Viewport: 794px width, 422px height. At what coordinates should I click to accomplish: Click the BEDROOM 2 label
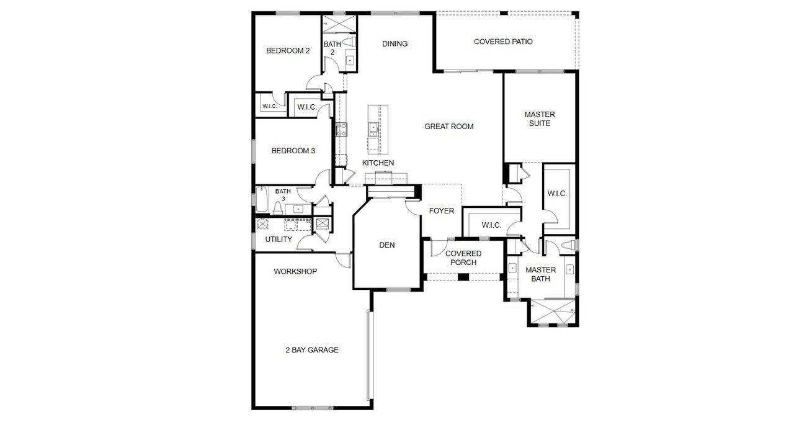288,51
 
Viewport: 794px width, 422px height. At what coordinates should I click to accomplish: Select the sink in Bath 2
350,60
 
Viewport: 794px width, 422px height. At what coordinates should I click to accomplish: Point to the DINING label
395,43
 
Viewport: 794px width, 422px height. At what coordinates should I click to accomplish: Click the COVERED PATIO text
503,42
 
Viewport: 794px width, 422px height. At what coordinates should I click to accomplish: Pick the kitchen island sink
374,129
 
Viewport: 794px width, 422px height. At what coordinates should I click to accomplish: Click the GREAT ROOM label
448,127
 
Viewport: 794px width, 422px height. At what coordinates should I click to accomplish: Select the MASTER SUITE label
539,119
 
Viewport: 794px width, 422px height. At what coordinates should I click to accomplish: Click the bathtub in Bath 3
262,199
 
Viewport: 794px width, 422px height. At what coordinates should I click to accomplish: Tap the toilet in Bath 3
279,207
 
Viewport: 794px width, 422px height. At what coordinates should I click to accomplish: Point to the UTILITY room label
279,239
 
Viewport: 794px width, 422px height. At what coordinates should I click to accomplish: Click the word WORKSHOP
295,271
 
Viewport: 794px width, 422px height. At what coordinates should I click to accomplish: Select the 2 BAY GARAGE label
311,350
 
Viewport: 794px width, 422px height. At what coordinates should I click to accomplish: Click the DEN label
386,245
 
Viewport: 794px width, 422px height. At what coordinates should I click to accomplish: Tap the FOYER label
441,211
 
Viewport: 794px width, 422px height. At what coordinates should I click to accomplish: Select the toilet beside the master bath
566,246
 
